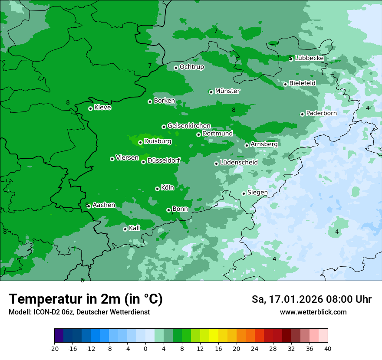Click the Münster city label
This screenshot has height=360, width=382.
pos(227,91)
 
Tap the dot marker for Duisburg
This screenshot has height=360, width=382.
pos(140,142)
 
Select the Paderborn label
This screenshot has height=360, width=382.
pos(321,113)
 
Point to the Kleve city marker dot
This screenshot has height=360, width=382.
pos(90,108)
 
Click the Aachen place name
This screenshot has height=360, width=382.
pos(104,205)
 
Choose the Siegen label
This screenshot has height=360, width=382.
pos(257,193)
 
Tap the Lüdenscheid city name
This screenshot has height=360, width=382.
pos(239,163)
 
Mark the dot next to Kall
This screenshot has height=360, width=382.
pos(125,229)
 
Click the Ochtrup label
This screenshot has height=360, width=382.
pos(191,67)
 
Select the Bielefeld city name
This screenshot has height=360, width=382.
pos(302,83)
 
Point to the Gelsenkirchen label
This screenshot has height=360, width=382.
pos(189,126)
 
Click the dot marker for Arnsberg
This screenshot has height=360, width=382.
pos(247,145)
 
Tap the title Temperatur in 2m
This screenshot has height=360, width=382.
pos(86,299)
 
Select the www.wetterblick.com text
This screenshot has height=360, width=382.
pos(313,312)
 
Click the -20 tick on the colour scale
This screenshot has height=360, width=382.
pos(54,349)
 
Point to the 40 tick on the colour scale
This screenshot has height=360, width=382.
pos(328,349)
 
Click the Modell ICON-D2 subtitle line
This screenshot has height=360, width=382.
pos(79,312)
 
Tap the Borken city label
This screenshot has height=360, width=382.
pos(164,101)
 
